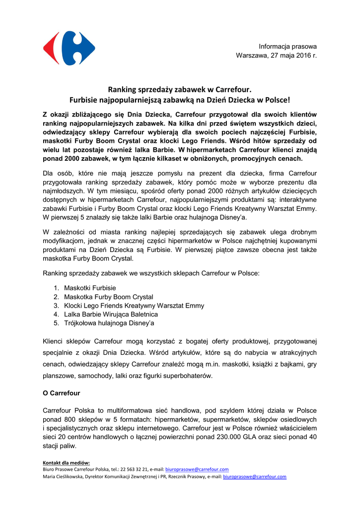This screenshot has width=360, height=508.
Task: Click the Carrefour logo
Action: tap(69, 49)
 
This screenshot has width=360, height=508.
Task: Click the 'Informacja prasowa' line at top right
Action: tap(288, 46)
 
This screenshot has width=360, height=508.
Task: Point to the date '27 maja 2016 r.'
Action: tap(293, 56)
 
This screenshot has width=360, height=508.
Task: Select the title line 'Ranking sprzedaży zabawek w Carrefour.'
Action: tap(180, 89)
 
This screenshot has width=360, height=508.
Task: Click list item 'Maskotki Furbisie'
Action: tap(90, 288)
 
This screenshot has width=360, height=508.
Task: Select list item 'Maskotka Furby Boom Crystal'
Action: tap(109, 297)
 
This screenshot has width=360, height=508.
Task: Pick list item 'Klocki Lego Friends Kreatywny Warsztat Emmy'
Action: tap(134, 306)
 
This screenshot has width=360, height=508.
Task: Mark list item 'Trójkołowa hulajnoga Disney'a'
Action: tap(109, 323)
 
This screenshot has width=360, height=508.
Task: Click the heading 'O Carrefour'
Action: tap(62, 393)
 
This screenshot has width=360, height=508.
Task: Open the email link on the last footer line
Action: tap(255, 477)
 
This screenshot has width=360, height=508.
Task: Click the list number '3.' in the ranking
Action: tap(57, 306)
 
